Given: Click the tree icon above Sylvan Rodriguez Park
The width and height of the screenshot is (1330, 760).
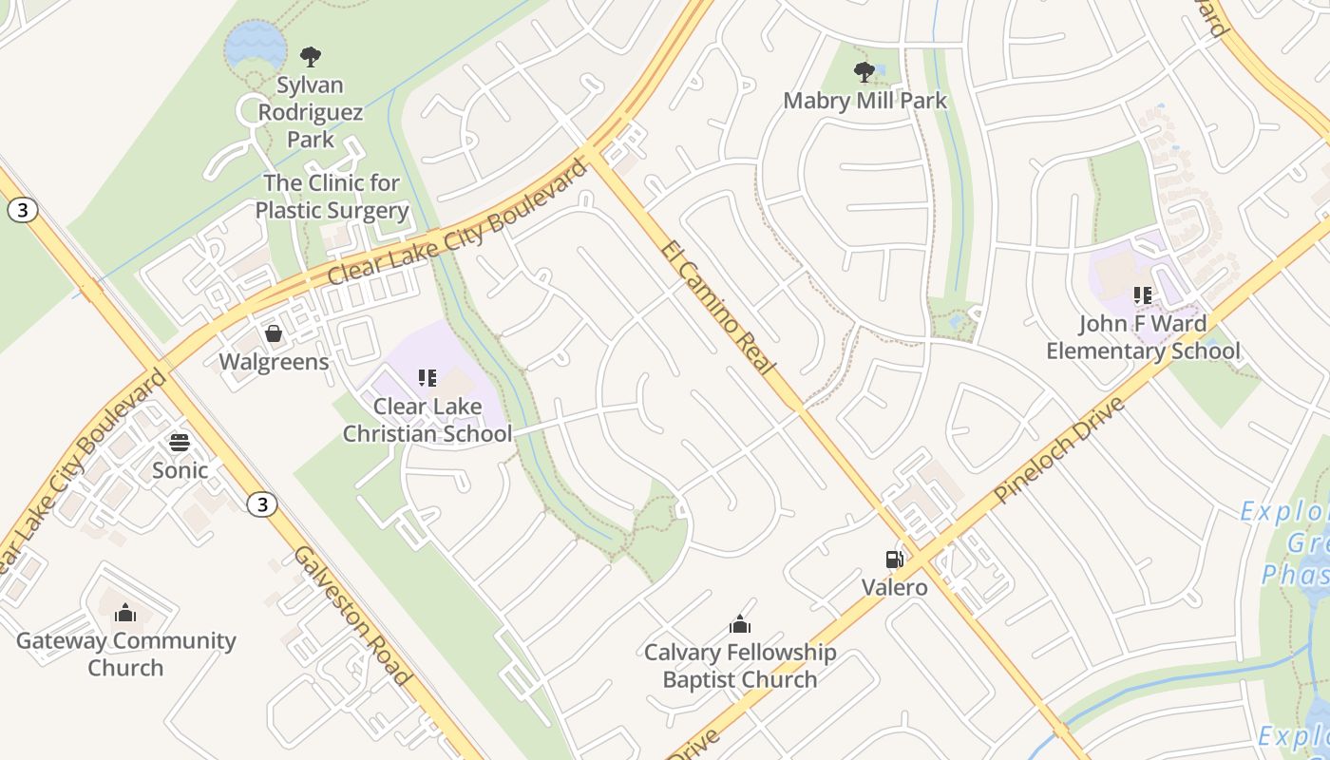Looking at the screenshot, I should click(x=311, y=56).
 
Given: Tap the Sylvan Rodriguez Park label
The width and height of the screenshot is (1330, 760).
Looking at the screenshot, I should click(x=311, y=112).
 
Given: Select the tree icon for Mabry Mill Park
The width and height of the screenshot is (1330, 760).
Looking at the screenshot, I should click(x=864, y=71).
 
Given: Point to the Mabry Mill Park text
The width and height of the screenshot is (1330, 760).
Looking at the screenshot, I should click(x=864, y=100).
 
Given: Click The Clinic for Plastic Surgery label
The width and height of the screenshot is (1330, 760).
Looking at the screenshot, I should click(x=332, y=197).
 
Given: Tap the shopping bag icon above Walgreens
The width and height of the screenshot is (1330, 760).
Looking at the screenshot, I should click(x=274, y=333).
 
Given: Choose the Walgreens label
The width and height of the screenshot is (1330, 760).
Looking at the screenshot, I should click(x=274, y=362).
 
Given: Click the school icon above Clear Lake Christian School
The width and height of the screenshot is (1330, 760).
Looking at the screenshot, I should click(x=427, y=378).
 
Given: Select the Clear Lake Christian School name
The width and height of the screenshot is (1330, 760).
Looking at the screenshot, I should click(x=427, y=420).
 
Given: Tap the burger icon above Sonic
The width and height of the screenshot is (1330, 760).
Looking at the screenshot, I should click(x=180, y=442).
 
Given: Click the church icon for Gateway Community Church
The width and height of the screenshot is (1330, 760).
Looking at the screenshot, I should click(x=125, y=613).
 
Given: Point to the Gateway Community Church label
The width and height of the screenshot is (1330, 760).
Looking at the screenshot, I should click(x=125, y=654).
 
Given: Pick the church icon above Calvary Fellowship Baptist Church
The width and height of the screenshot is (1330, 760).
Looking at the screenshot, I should click(x=740, y=624).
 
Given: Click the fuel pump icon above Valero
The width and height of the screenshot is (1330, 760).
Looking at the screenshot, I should click(x=894, y=560).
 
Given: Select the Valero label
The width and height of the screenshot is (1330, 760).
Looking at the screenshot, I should click(x=894, y=587).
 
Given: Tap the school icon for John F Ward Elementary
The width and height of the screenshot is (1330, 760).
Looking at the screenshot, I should click(x=1143, y=295).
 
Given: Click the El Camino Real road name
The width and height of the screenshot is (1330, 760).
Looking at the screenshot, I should click(x=719, y=309).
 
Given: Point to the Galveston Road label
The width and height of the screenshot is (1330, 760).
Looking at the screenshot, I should click(x=351, y=616).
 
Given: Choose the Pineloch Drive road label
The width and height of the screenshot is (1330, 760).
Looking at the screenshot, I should click(x=1059, y=450).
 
